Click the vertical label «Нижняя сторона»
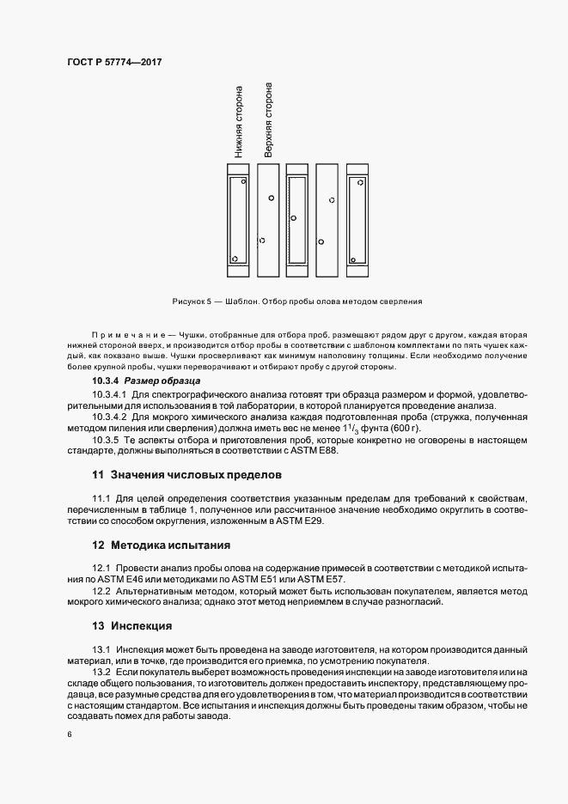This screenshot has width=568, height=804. (239, 122)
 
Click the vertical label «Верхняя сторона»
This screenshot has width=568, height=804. (269, 120)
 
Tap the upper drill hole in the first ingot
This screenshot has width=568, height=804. (243, 181)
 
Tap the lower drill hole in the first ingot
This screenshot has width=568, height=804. (234, 258)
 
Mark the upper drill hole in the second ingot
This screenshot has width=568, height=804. (272, 198)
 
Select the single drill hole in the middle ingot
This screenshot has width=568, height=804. (292, 218)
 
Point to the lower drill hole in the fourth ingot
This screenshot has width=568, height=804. (321, 241)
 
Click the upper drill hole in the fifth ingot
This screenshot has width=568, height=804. (360, 181)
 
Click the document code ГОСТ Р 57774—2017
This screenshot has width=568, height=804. (114, 63)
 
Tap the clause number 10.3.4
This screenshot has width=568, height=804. (106, 380)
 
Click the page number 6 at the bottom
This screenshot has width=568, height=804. (69, 736)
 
